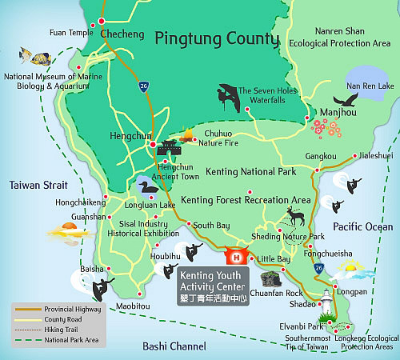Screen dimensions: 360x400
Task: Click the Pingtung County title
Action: (217, 38)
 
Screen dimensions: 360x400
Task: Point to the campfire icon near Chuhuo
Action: (190, 135)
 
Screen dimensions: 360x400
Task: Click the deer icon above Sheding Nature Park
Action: (296, 216)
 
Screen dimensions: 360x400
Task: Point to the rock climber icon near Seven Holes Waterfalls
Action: (225, 96)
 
